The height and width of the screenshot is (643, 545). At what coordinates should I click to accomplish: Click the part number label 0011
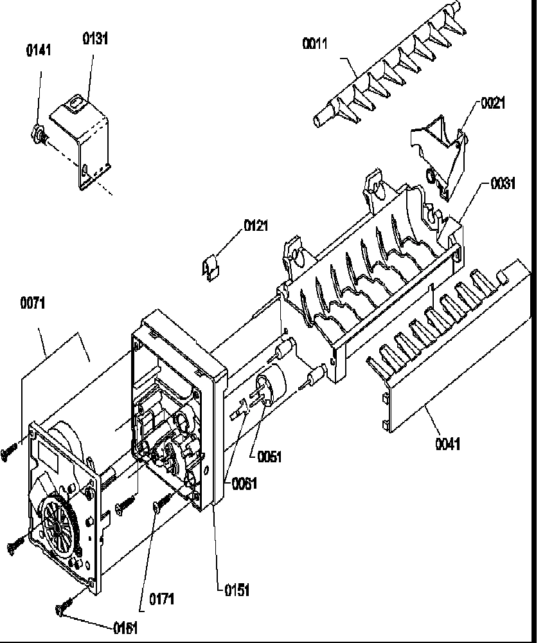[315, 44]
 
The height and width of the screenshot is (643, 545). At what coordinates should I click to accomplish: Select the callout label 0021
[492, 103]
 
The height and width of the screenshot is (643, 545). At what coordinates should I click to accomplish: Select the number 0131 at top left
[95, 39]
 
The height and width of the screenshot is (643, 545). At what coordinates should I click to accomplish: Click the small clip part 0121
[210, 266]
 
